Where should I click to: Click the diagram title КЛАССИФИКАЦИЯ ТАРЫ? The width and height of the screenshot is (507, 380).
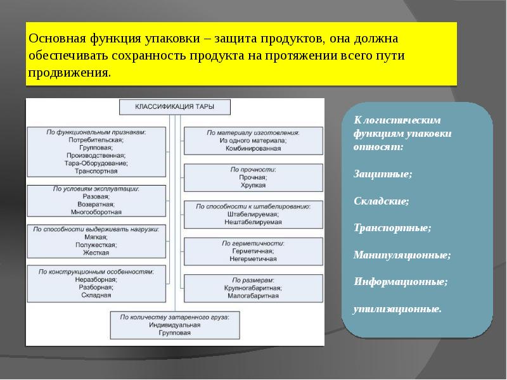pyautogui.click(x=175, y=108)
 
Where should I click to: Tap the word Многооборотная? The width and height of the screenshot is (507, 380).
pyautogui.click(x=96, y=212)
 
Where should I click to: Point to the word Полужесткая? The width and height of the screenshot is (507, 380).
pyautogui.click(x=96, y=244)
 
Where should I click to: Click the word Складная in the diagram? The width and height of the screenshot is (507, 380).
pyautogui.click(x=96, y=294)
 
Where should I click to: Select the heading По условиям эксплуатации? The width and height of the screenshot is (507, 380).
pyautogui.click(x=96, y=189)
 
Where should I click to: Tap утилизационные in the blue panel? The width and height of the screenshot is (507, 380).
pyautogui.click(x=397, y=309)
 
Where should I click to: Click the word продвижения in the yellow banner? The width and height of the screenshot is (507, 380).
pyautogui.click(x=68, y=72)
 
